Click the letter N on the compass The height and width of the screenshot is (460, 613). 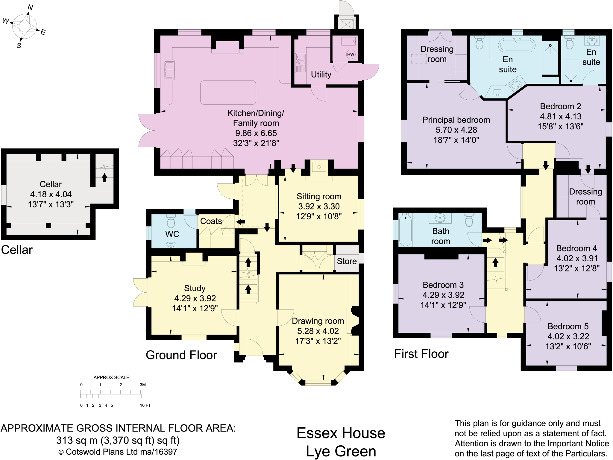point(30,7)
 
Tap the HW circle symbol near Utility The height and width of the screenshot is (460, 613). point(350,54)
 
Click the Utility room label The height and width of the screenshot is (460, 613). point(321,75)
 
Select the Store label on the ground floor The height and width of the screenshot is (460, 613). point(347,261)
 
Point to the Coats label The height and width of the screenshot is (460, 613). point(211,221)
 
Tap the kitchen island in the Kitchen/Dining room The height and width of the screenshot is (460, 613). point(228,92)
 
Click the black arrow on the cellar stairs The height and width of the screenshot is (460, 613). point(104,177)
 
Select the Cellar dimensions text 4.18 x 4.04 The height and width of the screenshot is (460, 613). point(51,194)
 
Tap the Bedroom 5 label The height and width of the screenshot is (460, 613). point(568,326)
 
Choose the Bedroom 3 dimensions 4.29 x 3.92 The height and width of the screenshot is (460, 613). point(443,295)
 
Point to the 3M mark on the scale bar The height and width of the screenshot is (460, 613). point(143,385)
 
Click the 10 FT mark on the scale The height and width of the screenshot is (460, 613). point(145,405)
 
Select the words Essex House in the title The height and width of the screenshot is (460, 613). point(341,433)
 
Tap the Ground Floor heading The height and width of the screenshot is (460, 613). point(181,355)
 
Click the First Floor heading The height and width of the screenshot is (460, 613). point(421,354)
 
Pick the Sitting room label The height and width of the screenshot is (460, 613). point(319,196)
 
